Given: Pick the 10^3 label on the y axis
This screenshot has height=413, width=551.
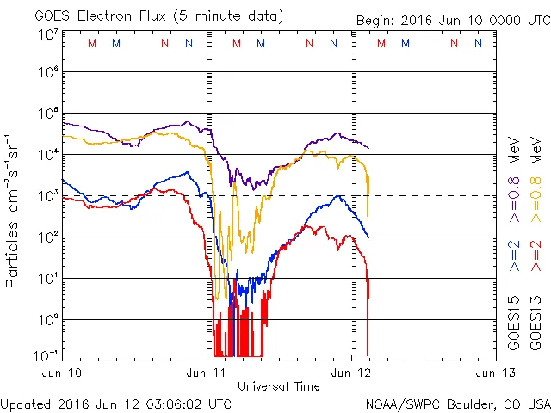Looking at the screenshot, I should coord(48,195).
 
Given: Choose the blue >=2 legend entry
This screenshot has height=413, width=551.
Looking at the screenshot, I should coord(514,256).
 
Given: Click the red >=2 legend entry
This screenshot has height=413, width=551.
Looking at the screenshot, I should coord(536,256).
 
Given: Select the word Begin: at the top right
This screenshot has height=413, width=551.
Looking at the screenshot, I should coord(377,21).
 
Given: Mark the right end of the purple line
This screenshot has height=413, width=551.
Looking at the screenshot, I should coord(368,148).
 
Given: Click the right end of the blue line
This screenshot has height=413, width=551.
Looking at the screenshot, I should coord(368,237).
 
